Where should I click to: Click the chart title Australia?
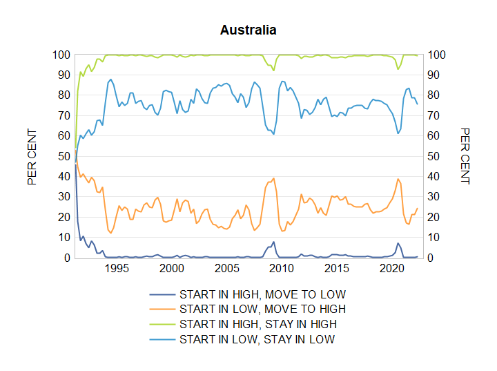tap(248, 30)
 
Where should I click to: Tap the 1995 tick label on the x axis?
tap(117, 269)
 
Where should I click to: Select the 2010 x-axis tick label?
tap(282, 269)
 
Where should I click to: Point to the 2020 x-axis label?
tap(392, 269)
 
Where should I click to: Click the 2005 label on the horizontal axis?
tap(226, 269)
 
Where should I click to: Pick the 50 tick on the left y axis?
tap(64, 156)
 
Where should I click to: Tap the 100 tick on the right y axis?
tap(436, 55)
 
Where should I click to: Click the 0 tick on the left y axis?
tap(67, 258)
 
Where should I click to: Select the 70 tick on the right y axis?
tap(433, 116)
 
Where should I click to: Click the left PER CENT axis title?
tap(32, 156)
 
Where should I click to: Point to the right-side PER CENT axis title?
tap(465, 156)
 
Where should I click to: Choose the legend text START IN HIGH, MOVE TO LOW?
tap(262, 294)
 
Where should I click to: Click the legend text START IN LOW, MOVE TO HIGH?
tap(262, 309)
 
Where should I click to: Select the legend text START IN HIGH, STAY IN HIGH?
tap(258, 324)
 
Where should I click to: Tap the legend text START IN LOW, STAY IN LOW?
tap(257, 340)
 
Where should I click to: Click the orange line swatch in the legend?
tap(162, 309)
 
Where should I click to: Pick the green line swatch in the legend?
tap(162, 324)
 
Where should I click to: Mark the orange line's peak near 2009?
tap(273, 178)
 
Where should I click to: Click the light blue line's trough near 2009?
tap(273, 134)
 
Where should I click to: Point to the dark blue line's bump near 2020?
tap(398, 243)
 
